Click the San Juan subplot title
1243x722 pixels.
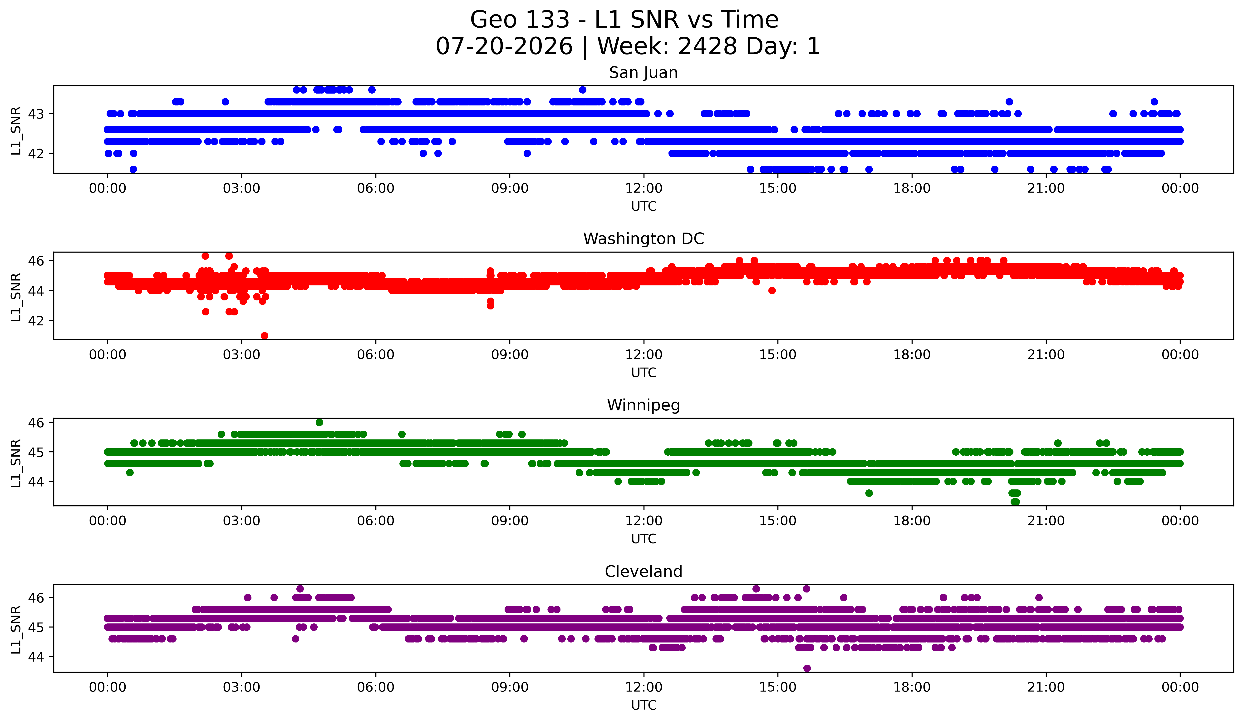tap(643, 73)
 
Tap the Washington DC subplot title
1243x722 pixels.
tap(643, 239)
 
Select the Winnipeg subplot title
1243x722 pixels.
tap(643, 405)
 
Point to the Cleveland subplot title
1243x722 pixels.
tap(643, 572)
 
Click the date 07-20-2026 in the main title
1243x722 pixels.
tap(504, 46)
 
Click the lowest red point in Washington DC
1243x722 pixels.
tap(264, 336)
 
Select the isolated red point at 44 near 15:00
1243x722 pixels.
tap(772, 291)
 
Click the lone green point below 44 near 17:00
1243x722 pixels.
tap(869, 493)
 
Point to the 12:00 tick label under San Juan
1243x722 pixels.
tap(644, 189)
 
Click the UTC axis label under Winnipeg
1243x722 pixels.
tap(644, 539)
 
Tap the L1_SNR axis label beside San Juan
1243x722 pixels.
tap(16, 131)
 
